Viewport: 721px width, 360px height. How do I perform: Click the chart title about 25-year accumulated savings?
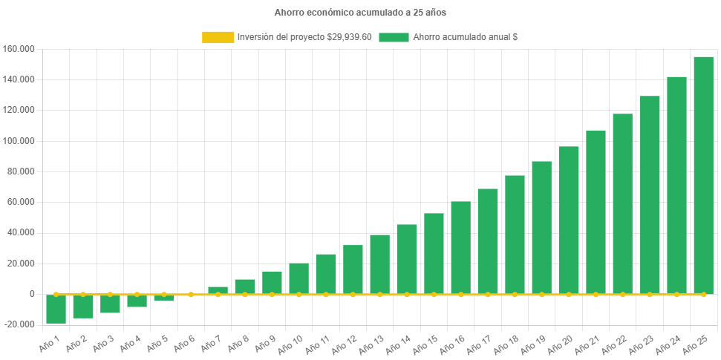tap(360, 13)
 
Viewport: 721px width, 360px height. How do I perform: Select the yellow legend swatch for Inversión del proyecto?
tap(218, 37)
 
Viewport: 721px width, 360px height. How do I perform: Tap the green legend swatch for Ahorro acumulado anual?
tap(394, 37)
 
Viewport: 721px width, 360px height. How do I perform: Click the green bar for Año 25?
tap(703, 175)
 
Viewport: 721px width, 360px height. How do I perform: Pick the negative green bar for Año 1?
tap(56, 309)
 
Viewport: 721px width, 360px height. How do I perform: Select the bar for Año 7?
tap(218, 290)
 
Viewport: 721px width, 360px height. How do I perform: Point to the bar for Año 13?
tap(379, 264)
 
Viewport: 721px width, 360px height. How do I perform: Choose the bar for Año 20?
tap(569, 220)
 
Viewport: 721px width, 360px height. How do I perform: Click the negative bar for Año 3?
tap(110, 304)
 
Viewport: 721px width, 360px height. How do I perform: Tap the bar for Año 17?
tap(488, 241)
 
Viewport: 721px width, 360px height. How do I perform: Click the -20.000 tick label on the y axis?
tap(20, 324)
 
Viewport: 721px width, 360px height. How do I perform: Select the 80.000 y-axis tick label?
tap(22, 171)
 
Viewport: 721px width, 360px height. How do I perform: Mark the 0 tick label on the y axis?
tap(32, 294)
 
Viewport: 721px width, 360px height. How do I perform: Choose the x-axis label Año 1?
tap(50, 342)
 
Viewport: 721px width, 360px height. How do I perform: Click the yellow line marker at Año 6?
tap(191, 295)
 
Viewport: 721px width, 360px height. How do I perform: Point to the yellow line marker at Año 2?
tap(83, 295)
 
